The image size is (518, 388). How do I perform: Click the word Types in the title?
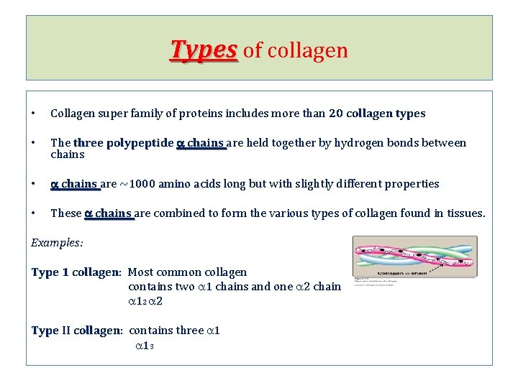204,50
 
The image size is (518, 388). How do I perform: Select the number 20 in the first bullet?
335,114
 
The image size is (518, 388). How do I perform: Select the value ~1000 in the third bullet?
139,184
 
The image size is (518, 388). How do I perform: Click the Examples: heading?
57,243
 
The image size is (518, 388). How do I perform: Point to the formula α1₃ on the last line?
145,346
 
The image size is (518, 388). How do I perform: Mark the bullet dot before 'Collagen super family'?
34,114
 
